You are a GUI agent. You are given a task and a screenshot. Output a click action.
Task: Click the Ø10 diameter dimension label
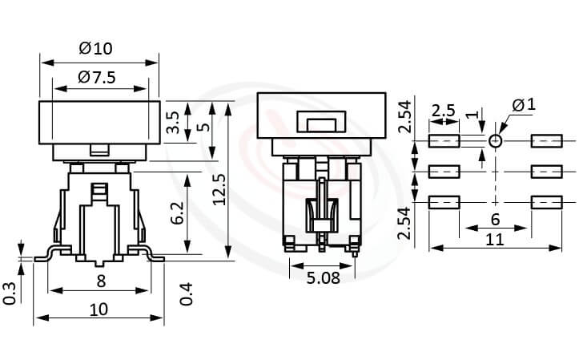coord(96,48)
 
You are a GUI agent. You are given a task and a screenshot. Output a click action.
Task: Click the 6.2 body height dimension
coord(177,213)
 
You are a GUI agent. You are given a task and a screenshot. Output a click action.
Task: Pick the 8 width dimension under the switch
coord(100,281)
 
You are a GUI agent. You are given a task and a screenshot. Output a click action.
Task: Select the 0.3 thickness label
coord(10,293)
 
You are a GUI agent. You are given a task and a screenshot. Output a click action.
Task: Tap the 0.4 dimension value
coord(187,293)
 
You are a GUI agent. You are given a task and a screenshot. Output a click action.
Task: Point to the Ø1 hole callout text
coord(522,105)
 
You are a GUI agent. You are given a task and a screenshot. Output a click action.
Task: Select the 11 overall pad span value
coord(495,239)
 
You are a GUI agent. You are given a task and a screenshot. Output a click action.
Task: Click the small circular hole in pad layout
coord(496,142)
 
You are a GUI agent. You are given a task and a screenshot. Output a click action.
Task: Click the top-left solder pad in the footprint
coord(444,142)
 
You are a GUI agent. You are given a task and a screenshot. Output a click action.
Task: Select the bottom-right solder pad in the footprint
coord(547,202)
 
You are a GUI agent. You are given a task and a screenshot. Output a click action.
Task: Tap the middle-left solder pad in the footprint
coord(444,172)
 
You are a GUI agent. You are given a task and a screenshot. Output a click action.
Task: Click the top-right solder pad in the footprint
coord(547,142)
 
